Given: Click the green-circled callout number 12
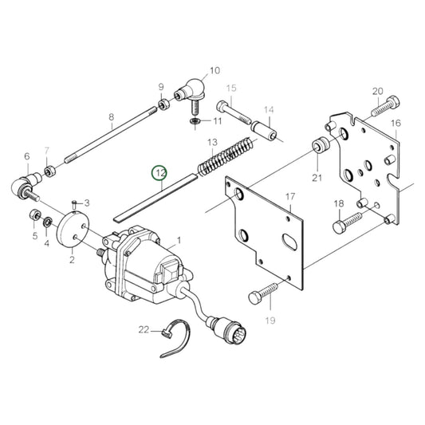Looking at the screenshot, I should point(160,172).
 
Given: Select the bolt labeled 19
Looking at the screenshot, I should point(260,295).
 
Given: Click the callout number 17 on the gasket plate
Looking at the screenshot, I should point(289,196).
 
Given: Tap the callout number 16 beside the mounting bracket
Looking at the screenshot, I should point(395,124).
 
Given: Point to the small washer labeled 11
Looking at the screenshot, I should point(195,120).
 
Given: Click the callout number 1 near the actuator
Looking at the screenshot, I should point(178,238).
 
